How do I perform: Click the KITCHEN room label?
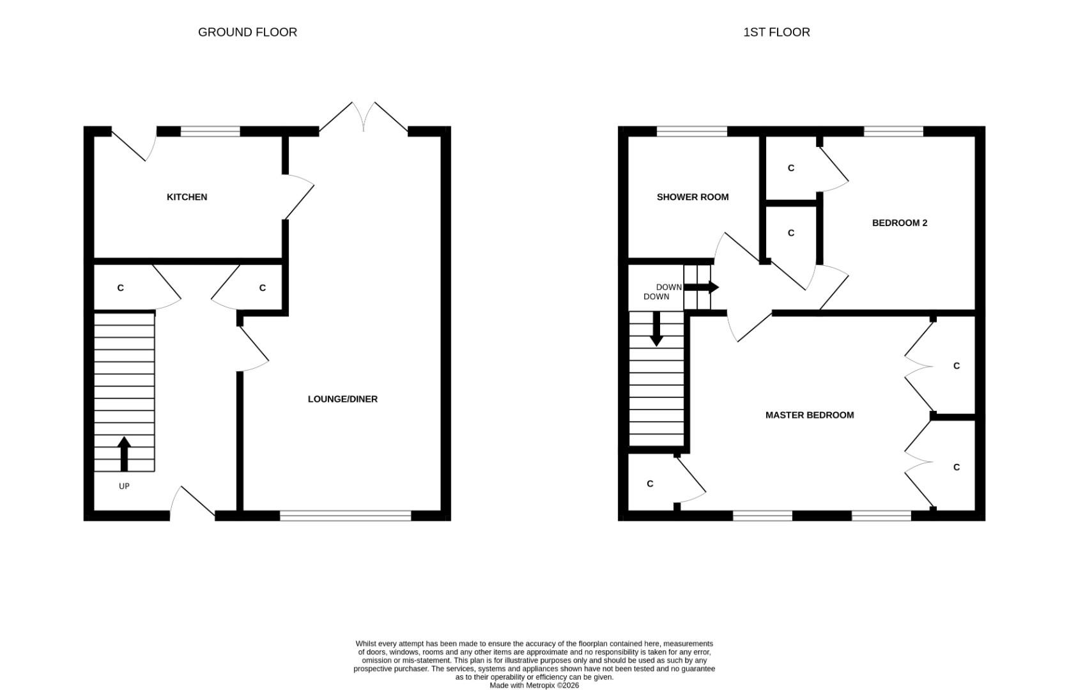click(x=187, y=197)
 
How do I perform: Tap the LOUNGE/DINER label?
click(x=342, y=399)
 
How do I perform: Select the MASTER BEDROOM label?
click(x=809, y=415)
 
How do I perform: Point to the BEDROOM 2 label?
click(x=899, y=223)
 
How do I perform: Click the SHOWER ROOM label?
click(x=692, y=197)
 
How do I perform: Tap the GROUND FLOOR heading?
click(x=247, y=32)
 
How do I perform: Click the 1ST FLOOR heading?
click(x=776, y=32)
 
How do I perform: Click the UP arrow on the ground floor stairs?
click(x=124, y=454)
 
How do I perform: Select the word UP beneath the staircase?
click(x=124, y=486)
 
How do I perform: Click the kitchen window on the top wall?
click(x=210, y=132)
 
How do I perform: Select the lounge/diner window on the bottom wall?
click(x=345, y=515)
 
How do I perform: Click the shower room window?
click(x=691, y=132)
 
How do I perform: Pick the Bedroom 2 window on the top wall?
click(x=893, y=132)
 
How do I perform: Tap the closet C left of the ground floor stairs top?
click(x=120, y=288)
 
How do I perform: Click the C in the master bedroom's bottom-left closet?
click(x=650, y=484)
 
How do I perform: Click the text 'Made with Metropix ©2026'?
click(x=534, y=686)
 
